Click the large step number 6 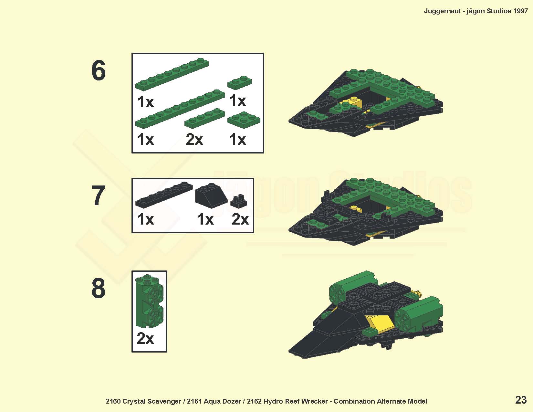click(x=98, y=70)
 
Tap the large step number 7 click(x=98, y=195)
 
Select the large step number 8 click(x=98, y=288)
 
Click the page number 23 click(x=521, y=400)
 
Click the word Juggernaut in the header click(x=442, y=11)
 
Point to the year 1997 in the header click(x=520, y=11)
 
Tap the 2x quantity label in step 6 click(x=194, y=140)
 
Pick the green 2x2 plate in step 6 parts click(x=244, y=120)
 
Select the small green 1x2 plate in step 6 click(x=240, y=82)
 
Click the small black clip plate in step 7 click(x=239, y=201)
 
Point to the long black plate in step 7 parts click(x=164, y=195)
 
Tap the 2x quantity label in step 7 click(x=240, y=219)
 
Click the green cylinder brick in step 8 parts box click(x=149, y=301)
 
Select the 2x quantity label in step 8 click(x=145, y=338)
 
